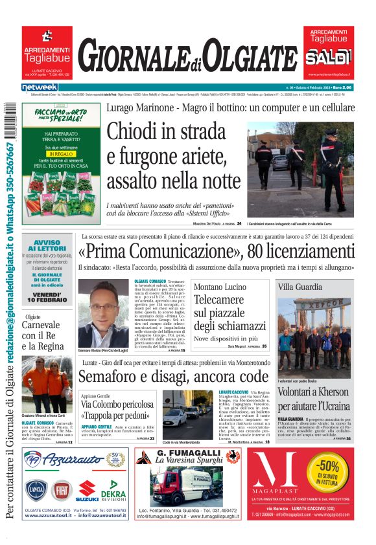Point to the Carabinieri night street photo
300,170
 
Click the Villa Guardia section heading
300,286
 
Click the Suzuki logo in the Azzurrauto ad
87,491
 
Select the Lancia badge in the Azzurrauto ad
36,490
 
